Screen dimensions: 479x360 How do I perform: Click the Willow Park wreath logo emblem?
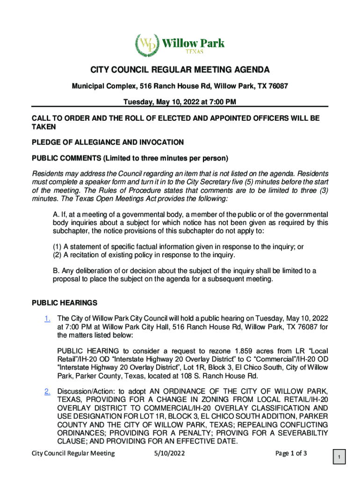tap(147, 45)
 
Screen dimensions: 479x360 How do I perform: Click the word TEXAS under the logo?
tap(193, 51)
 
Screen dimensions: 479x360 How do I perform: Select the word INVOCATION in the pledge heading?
tap(159, 142)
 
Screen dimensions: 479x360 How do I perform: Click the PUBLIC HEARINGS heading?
tap(65, 303)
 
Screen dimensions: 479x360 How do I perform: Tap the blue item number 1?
tap(47, 319)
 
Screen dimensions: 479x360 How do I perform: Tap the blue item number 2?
tap(47, 392)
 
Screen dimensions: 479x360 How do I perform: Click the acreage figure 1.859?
tap(233, 351)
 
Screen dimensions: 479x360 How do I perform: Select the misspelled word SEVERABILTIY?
tap(302, 434)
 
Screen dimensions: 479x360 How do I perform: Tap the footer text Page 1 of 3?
tap(291, 453)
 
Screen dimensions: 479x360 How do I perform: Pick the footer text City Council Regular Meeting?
tap(73, 453)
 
